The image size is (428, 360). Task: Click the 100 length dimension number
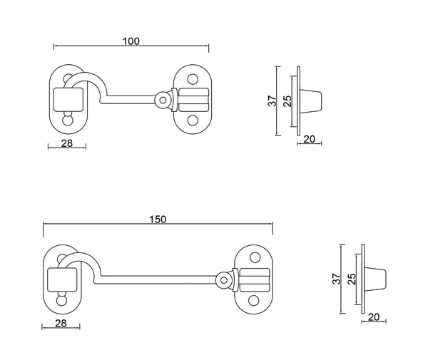pos(131,41)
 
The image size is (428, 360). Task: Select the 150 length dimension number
pos(158,219)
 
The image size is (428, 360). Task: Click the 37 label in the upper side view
pos(272,101)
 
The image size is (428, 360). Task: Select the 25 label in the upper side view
pos(287,101)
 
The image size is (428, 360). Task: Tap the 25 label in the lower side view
pos(352,279)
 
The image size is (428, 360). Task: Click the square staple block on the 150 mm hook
pos(59,279)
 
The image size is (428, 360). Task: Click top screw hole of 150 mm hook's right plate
pos(253,258)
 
